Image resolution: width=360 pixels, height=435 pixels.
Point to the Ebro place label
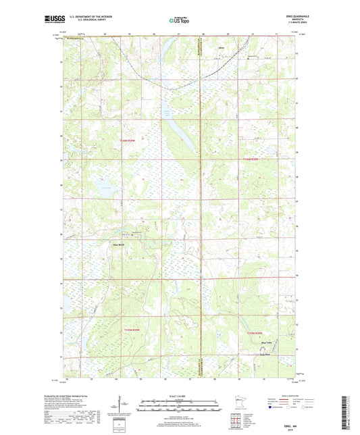click(x=221, y=48)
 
